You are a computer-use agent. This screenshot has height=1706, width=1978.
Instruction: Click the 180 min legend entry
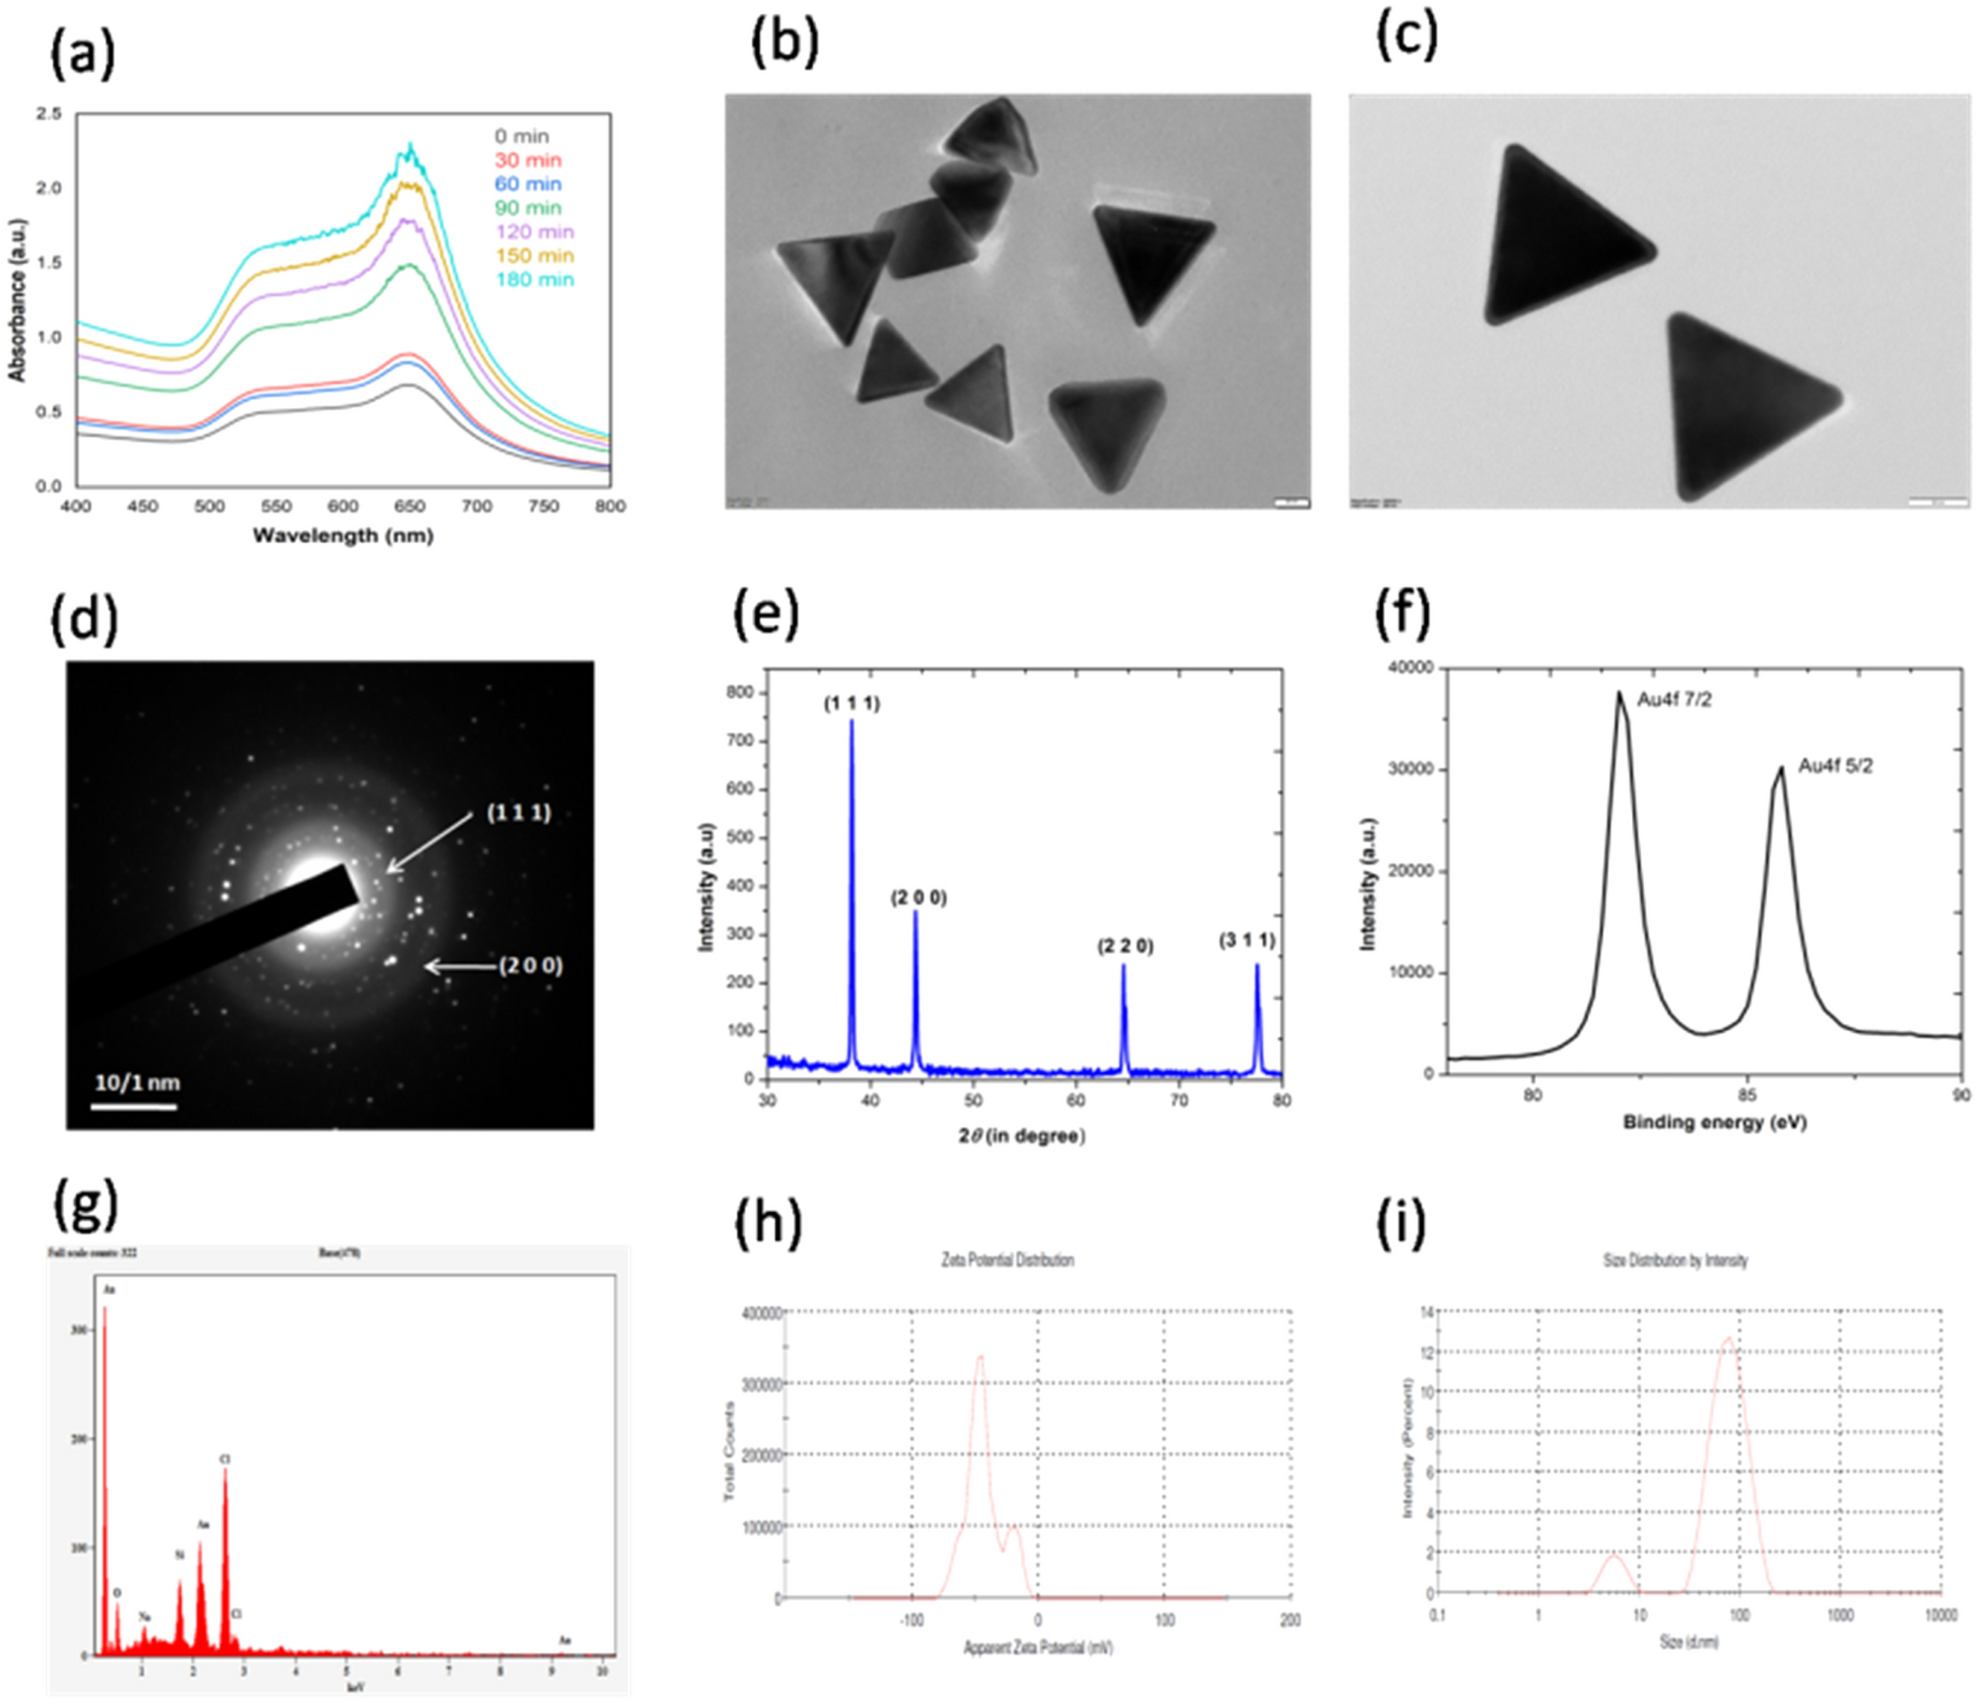point(533,279)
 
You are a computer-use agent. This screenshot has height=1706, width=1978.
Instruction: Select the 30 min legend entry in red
point(527,160)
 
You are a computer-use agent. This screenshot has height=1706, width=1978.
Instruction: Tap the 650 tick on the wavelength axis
point(410,506)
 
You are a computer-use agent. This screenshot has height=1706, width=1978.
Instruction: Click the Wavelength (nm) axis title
point(343,535)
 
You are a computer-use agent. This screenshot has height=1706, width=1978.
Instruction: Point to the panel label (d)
point(84,621)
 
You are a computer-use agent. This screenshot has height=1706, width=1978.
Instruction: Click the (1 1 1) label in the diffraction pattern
point(518,813)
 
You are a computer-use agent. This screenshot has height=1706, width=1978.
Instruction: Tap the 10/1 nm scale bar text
point(137,1082)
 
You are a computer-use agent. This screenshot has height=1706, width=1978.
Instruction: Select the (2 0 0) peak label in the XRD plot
point(919,898)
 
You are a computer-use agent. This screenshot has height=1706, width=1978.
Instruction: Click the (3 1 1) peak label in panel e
point(1247,940)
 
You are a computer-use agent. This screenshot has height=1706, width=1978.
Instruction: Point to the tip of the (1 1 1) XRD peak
point(852,721)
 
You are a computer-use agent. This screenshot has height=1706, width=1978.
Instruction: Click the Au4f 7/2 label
point(1674,700)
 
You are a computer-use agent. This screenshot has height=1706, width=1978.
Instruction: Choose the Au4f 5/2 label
point(1835,766)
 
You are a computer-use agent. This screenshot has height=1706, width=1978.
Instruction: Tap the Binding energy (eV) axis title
point(1715,1122)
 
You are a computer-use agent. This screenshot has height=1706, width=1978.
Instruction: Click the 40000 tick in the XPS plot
point(1409,668)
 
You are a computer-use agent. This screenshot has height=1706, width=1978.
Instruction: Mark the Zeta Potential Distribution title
point(1007,1260)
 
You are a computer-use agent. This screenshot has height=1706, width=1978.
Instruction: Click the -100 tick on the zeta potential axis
point(912,1619)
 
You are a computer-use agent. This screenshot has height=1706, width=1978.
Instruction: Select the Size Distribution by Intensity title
point(1675,1260)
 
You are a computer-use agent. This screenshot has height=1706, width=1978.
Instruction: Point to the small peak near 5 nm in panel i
point(1613,1556)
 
